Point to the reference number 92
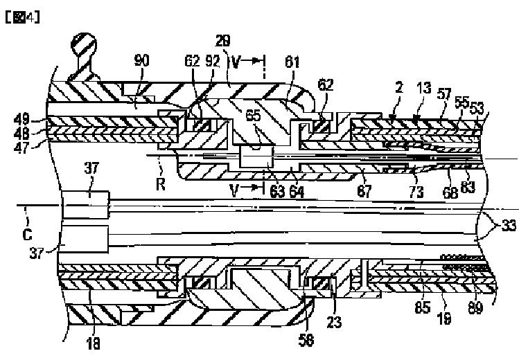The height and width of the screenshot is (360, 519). click(213, 61)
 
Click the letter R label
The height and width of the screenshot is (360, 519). click(161, 184)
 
